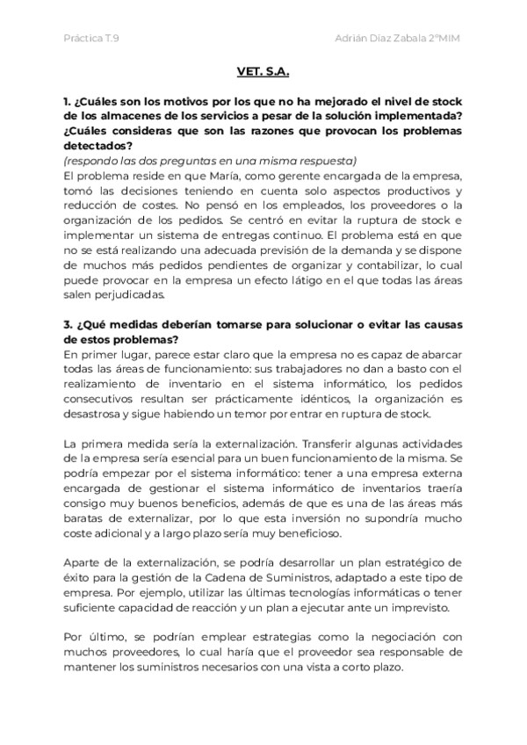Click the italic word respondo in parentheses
[93, 162]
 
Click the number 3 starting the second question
[68, 324]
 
